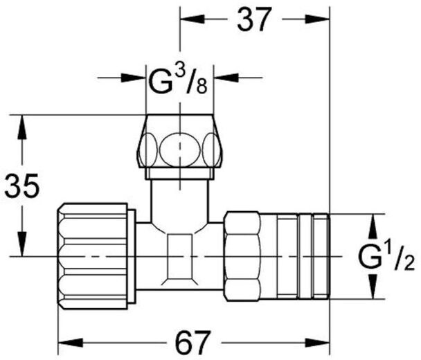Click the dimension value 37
click(x=253, y=19)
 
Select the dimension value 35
click(x=22, y=186)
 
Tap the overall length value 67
click(x=192, y=343)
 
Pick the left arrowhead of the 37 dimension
click(x=192, y=19)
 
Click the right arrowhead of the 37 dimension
click(x=317, y=19)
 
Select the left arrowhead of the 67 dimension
click(x=70, y=343)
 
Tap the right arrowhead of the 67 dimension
click(x=317, y=343)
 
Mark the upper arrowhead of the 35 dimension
click(x=22, y=127)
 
